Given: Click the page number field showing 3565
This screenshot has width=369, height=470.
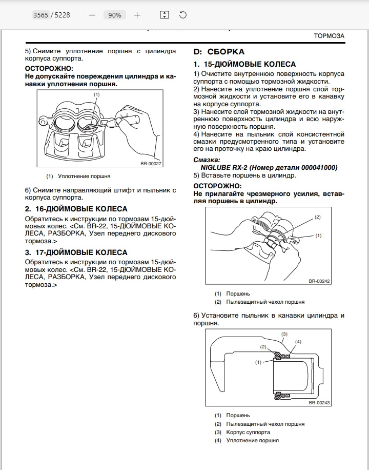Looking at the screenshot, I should coord(41,15).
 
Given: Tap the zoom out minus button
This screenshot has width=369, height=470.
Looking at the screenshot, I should coord(92,15).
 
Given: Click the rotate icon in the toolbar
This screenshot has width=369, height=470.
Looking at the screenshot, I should coord(183,15).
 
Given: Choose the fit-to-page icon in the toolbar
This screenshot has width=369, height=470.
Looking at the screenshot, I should coord(164,15).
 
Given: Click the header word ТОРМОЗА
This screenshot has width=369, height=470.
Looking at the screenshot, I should coord(329,36).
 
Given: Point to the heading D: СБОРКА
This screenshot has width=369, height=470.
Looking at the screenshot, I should coord(219,52).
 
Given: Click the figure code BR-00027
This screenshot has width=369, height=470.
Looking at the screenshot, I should coord(151,164).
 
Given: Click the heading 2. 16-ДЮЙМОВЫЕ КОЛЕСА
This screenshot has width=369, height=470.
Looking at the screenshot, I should coord(76,209).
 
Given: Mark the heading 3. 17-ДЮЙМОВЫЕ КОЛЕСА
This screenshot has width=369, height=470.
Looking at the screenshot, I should coord(76,252).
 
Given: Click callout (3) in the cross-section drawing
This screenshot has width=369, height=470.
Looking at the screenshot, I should coord(285,334).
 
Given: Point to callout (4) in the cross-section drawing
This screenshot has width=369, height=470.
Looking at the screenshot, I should coord(298,342).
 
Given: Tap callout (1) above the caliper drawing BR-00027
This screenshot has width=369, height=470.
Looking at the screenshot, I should coord(96,94).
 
